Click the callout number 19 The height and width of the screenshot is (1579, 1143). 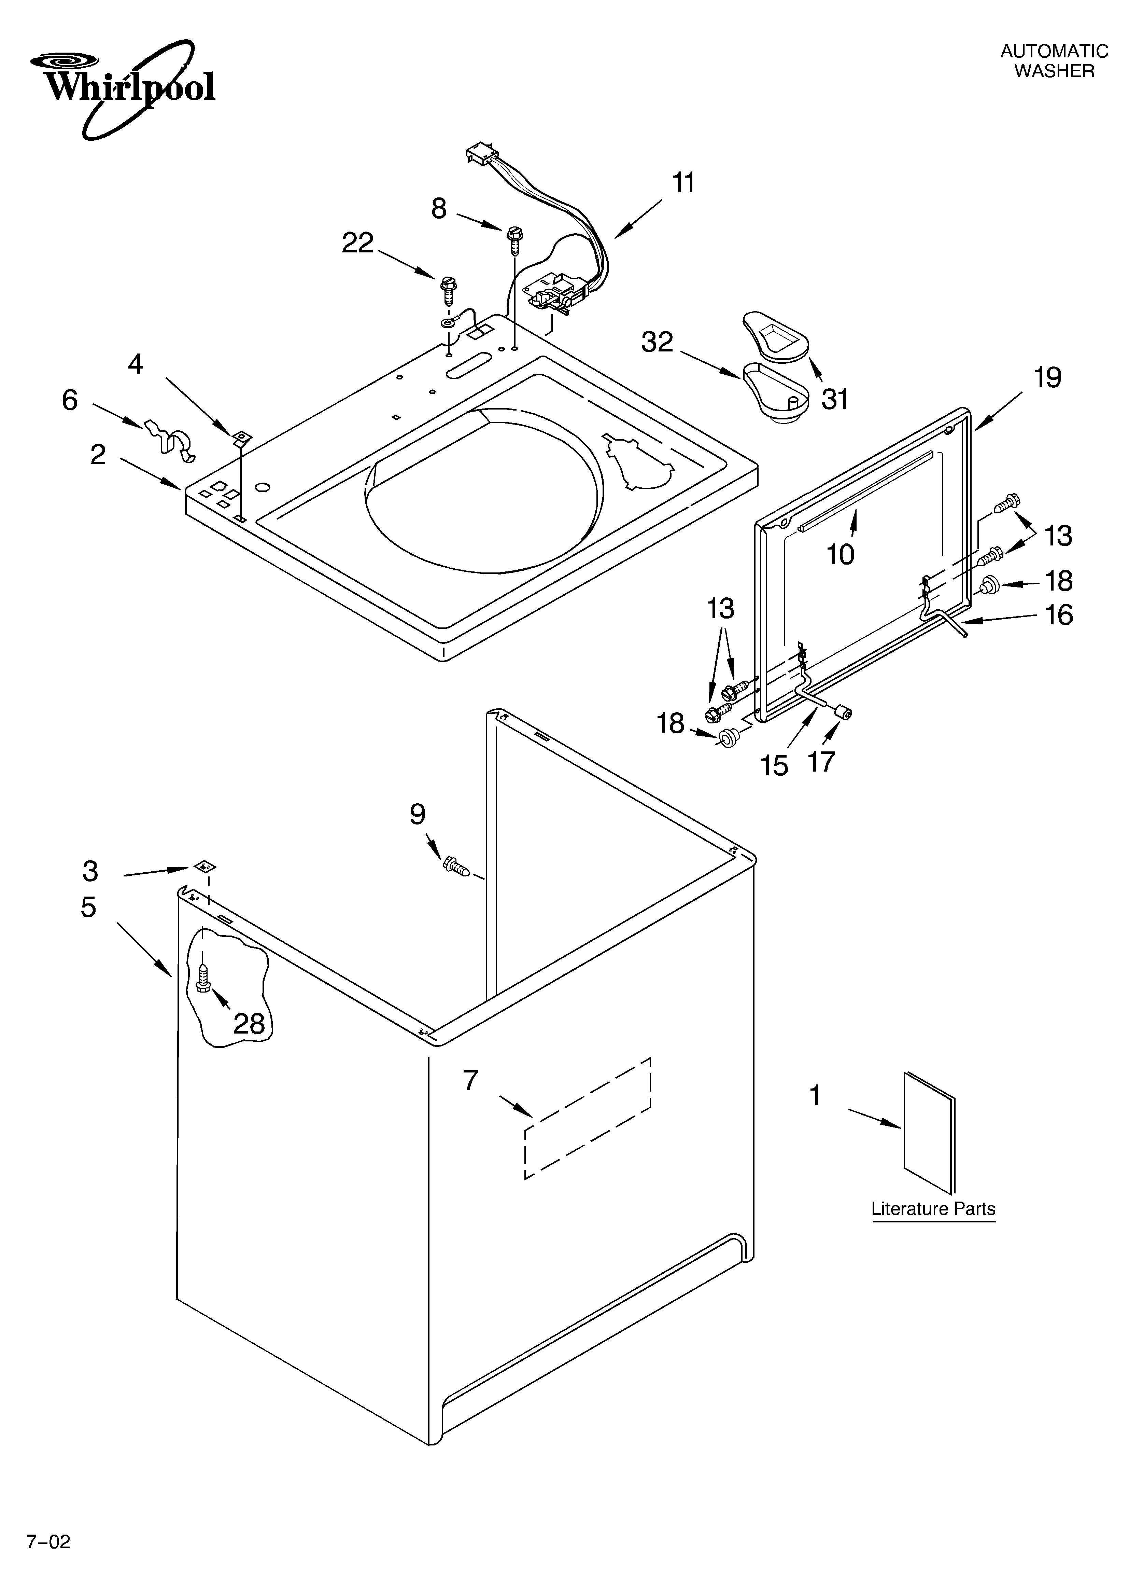tap(1047, 378)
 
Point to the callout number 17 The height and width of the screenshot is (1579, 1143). tap(821, 761)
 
